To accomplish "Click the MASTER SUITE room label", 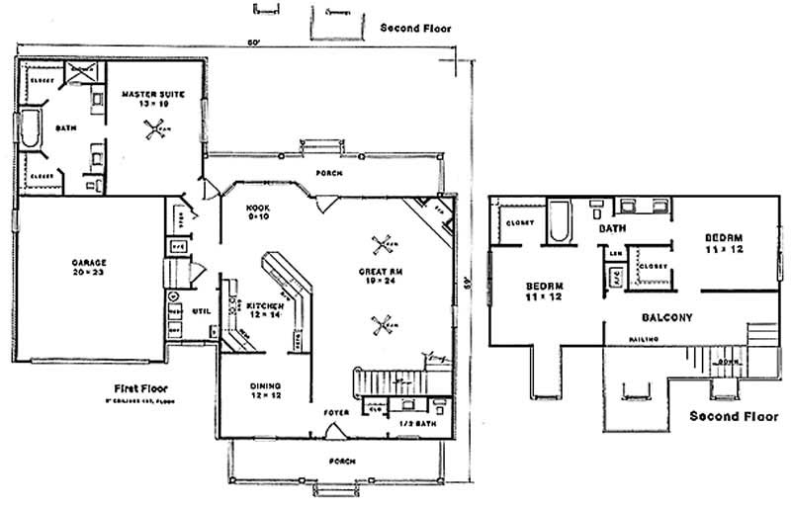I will (147, 95).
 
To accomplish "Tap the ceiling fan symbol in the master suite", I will (154, 127).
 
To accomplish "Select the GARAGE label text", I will (89, 262).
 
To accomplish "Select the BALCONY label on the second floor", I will (667, 317).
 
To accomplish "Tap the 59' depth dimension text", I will (464, 284).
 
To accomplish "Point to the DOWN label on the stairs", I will (728, 362).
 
